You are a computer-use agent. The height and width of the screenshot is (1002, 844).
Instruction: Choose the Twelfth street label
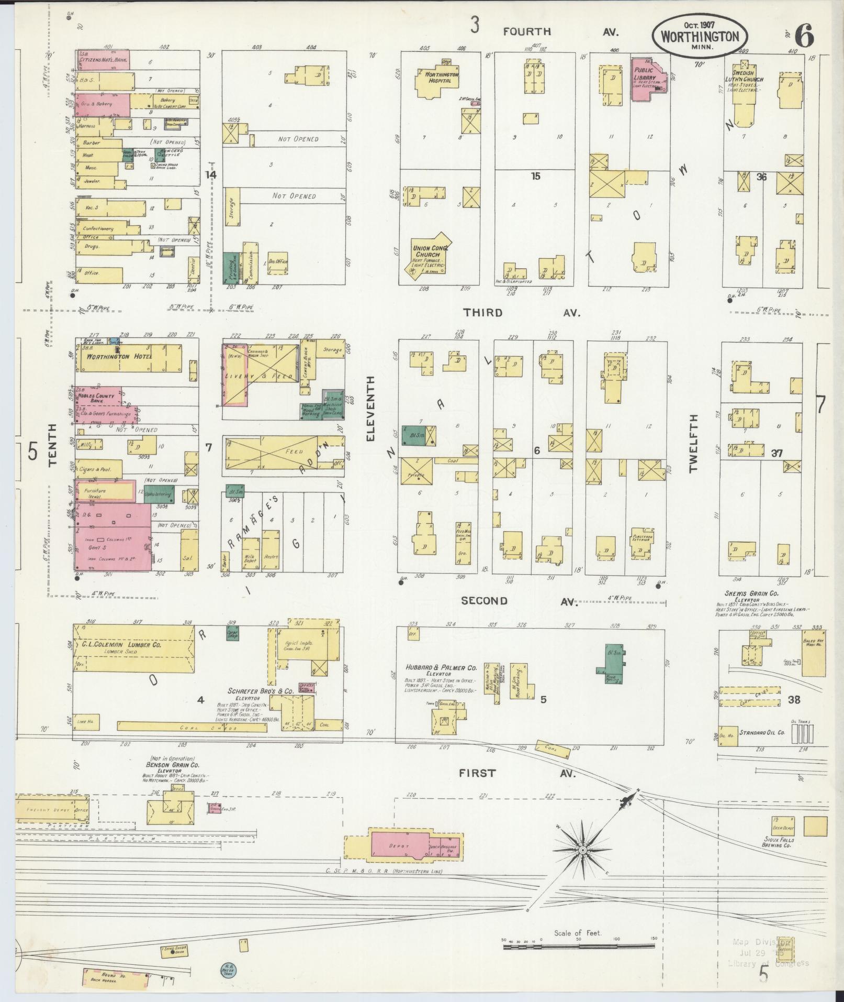coord(693,443)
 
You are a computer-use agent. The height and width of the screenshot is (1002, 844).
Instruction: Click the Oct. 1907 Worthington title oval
coord(699,35)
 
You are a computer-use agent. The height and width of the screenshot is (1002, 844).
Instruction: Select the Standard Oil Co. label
coord(762,732)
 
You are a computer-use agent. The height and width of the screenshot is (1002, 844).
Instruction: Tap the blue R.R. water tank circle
coord(228,969)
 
